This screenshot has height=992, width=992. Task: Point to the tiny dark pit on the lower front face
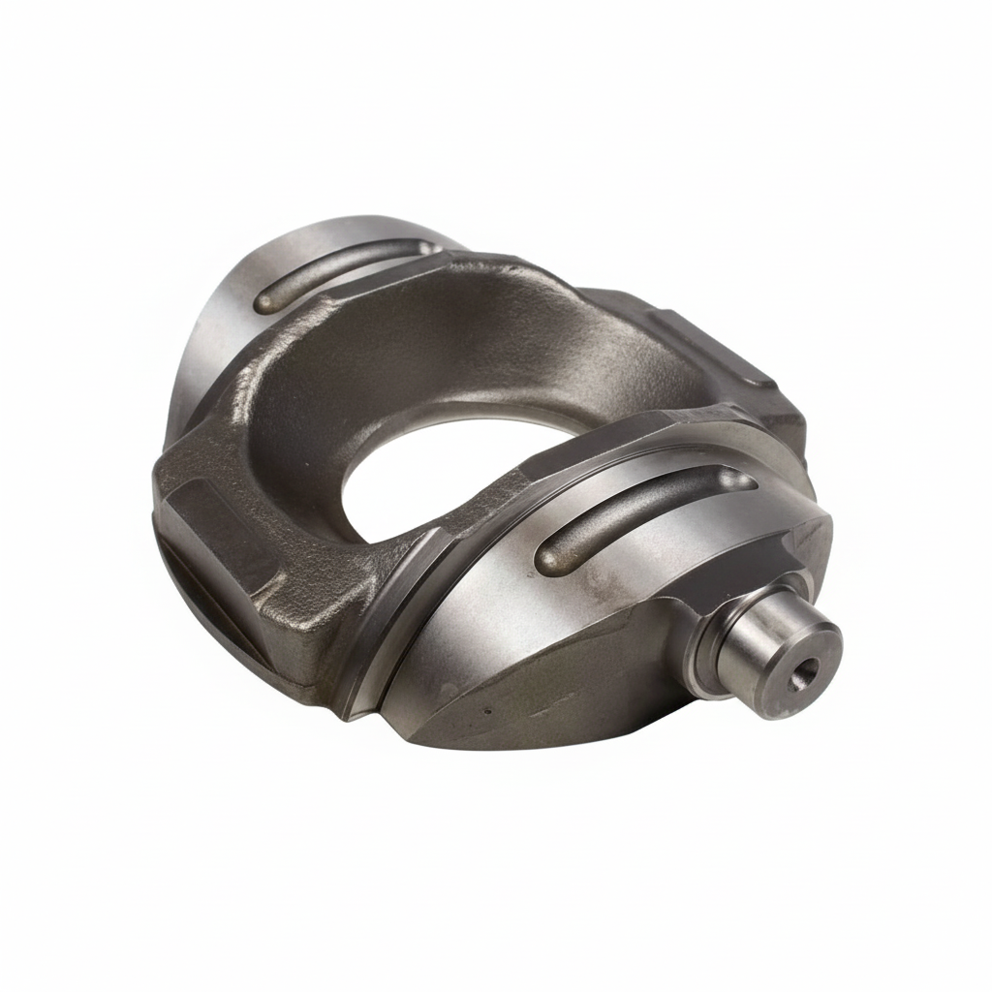[x=486, y=710]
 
